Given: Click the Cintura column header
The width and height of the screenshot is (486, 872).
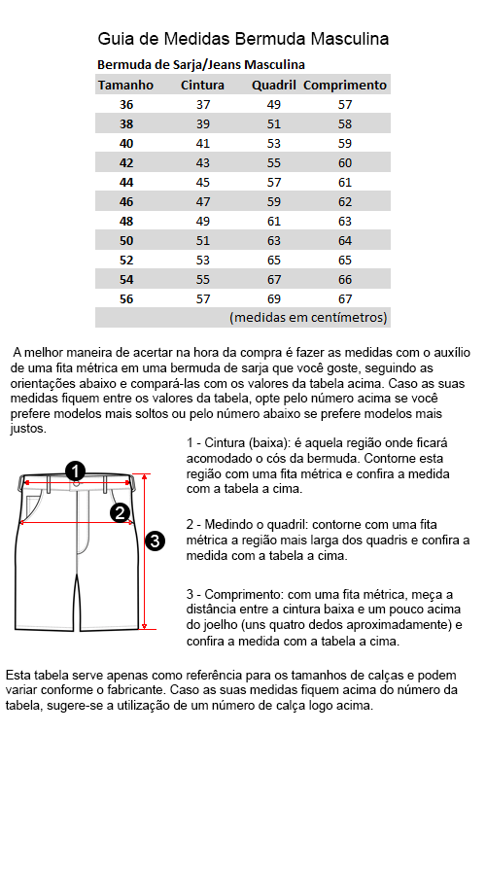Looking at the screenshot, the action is tap(202, 86).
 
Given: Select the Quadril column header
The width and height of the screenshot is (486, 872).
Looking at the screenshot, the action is tap(273, 86).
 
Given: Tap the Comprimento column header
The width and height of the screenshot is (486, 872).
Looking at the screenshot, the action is tap(345, 86).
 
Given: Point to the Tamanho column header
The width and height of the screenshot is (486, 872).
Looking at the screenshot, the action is tap(125, 86).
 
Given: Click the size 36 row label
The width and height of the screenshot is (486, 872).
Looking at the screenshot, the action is tap(126, 105).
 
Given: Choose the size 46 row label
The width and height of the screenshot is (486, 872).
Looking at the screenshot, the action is tap(126, 202).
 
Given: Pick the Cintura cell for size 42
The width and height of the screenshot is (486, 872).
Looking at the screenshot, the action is tap(203, 163).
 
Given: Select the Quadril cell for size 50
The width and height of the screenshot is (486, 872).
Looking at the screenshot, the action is tap(274, 241).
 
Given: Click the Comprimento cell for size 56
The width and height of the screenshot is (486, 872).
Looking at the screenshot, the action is tap(345, 299).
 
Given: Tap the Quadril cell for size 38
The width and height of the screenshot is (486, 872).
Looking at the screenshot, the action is tap(274, 124).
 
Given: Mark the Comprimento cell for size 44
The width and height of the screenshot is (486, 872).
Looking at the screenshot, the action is tap(345, 183).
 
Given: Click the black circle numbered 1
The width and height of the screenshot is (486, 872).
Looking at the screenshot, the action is tap(75, 471).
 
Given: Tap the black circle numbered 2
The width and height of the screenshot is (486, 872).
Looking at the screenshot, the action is tap(121, 512).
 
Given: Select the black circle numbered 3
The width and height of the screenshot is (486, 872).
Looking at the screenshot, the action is tap(156, 541).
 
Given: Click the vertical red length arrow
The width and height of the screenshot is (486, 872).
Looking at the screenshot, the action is tap(144, 551).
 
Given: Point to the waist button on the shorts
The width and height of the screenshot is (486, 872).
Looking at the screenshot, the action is tap(77, 483).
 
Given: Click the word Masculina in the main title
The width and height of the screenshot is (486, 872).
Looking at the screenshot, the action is tap(350, 39).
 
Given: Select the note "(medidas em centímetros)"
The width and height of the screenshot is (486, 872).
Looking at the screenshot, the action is tap(308, 318).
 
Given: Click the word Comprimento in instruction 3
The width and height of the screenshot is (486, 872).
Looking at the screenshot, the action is tap(240, 595).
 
